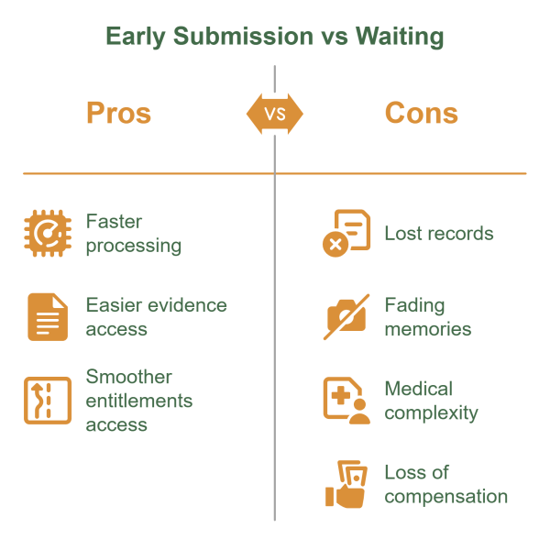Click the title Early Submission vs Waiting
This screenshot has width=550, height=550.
pos(274,38)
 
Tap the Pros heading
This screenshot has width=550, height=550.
pos(118,113)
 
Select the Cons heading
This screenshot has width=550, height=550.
pos(421,113)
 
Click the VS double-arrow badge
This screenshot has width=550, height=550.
pos(274,114)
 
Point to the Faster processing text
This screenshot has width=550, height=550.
pos(133,233)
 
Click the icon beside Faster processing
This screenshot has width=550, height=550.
pos(48,233)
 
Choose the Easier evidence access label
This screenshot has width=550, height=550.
pos(156,316)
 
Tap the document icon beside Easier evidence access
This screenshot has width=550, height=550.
pos(48,317)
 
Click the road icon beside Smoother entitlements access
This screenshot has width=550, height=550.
pos(48,401)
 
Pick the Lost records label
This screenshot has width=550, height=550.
pos(438,233)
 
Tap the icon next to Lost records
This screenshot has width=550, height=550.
pos(346,233)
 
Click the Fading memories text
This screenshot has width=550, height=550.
pos(427,316)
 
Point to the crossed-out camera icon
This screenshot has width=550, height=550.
pos(346,317)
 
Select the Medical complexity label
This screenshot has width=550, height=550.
pos(431,401)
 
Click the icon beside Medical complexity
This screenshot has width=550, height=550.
pos(346,401)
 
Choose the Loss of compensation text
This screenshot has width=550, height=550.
pos(445,484)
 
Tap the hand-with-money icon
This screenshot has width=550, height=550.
pos(346,484)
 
